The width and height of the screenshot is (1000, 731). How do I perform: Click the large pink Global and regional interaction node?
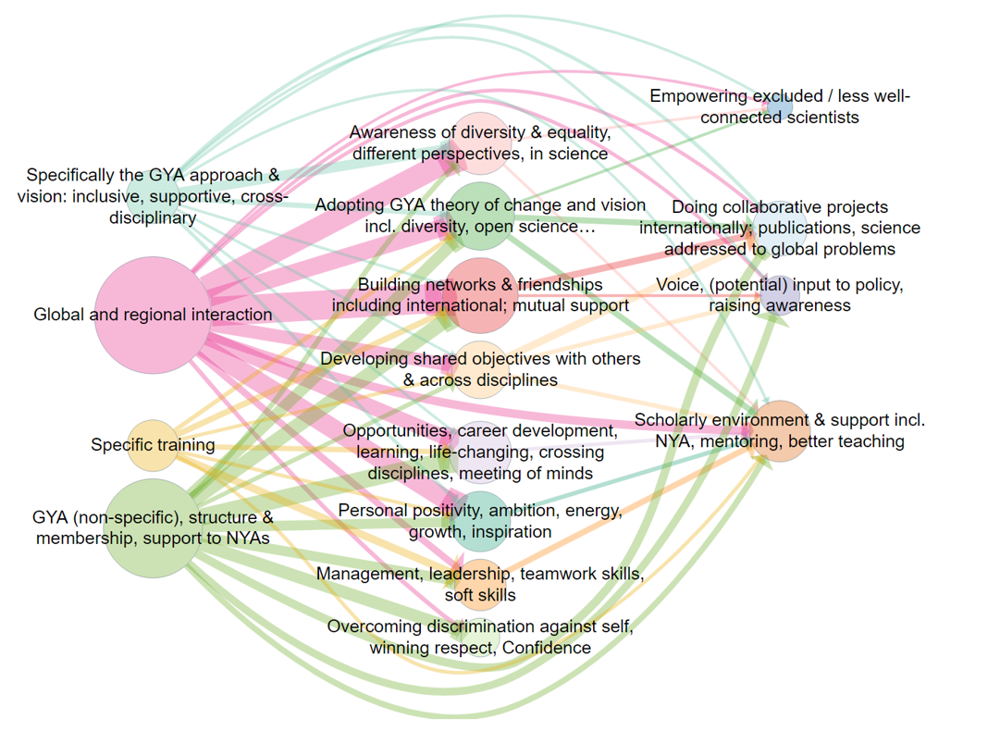pos(153,316)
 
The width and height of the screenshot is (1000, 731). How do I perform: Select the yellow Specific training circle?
pos(153,445)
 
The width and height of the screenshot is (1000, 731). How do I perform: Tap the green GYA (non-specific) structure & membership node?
pos(153,527)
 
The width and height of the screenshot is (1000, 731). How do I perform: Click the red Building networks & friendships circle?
pos(480,296)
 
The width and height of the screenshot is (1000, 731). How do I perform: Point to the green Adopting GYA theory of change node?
pos(480,217)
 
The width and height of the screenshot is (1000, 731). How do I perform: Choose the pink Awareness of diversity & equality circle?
pos(480,142)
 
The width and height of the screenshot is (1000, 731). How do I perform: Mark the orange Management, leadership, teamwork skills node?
pos(480,584)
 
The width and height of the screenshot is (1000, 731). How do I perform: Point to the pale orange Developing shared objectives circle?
pos(480,369)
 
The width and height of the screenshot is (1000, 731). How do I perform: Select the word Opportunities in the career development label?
pos(395,430)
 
